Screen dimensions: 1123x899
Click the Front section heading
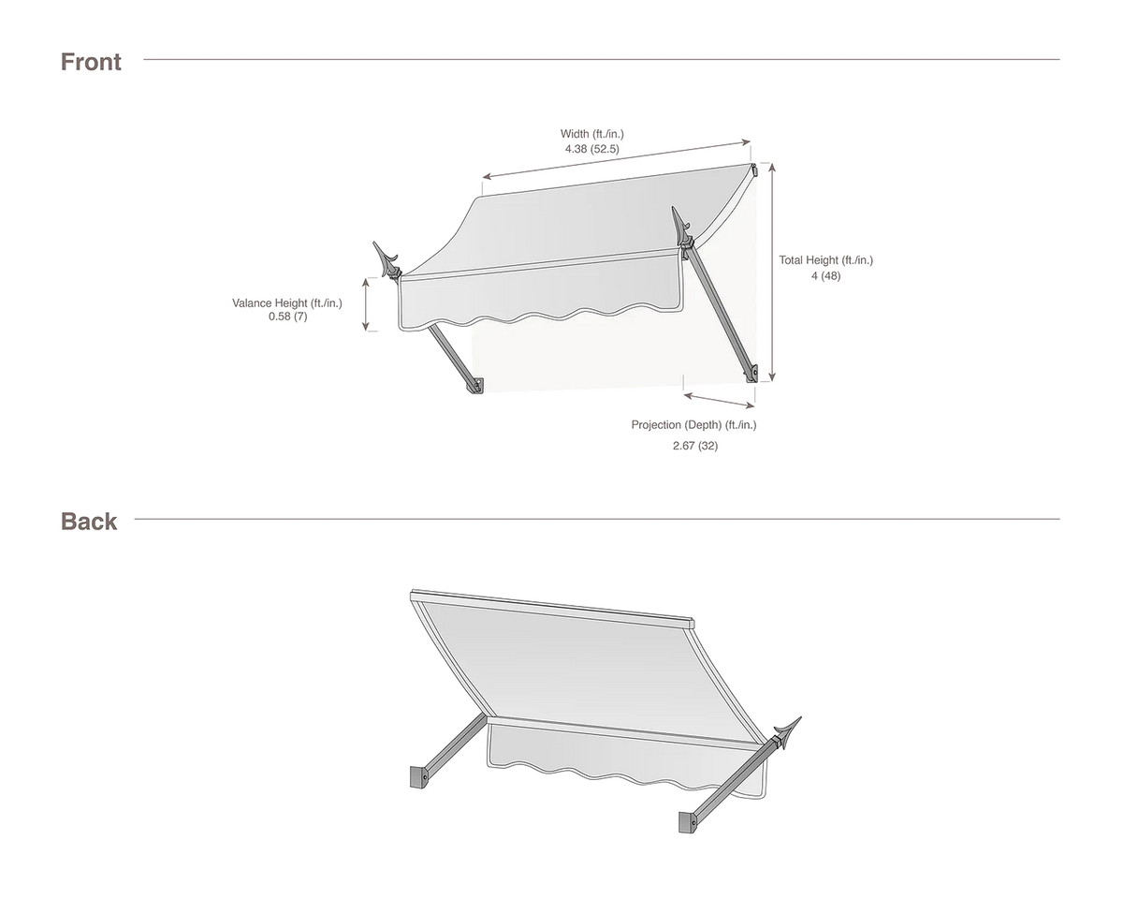click(x=91, y=62)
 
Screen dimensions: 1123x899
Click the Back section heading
click(x=89, y=522)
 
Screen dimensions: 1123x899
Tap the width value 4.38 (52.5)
click(x=591, y=149)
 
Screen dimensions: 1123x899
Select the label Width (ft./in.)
click(x=591, y=134)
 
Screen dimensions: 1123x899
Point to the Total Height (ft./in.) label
click(x=825, y=260)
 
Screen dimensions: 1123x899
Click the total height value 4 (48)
click(x=825, y=276)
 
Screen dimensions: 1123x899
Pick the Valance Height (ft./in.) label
click(x=287, y=303)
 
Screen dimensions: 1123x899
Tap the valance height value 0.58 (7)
click(x=287, y=317)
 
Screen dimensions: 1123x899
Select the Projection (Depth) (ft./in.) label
click(x=693, y=425)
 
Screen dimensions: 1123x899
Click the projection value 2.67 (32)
click(x=695, y=446)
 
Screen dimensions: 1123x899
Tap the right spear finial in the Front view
click(x=681, y=228)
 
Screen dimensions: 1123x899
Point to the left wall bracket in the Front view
click(x=476, y=386)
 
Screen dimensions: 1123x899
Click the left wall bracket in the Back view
click(x=419, y=776)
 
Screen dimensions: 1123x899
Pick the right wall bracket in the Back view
click(x=687, y=821)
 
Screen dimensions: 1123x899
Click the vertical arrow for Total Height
click(x=772, y=273)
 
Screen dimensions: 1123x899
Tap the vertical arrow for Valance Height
click(x=366, y=304)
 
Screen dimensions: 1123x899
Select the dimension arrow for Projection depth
click(x=719, y=400)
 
